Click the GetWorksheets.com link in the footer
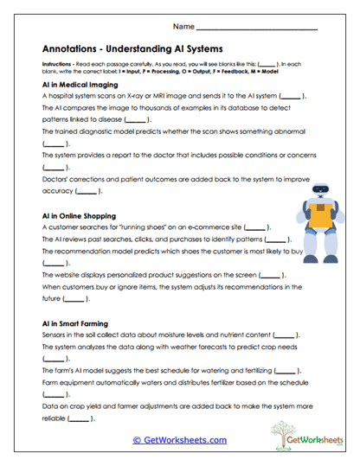coord(179,439)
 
